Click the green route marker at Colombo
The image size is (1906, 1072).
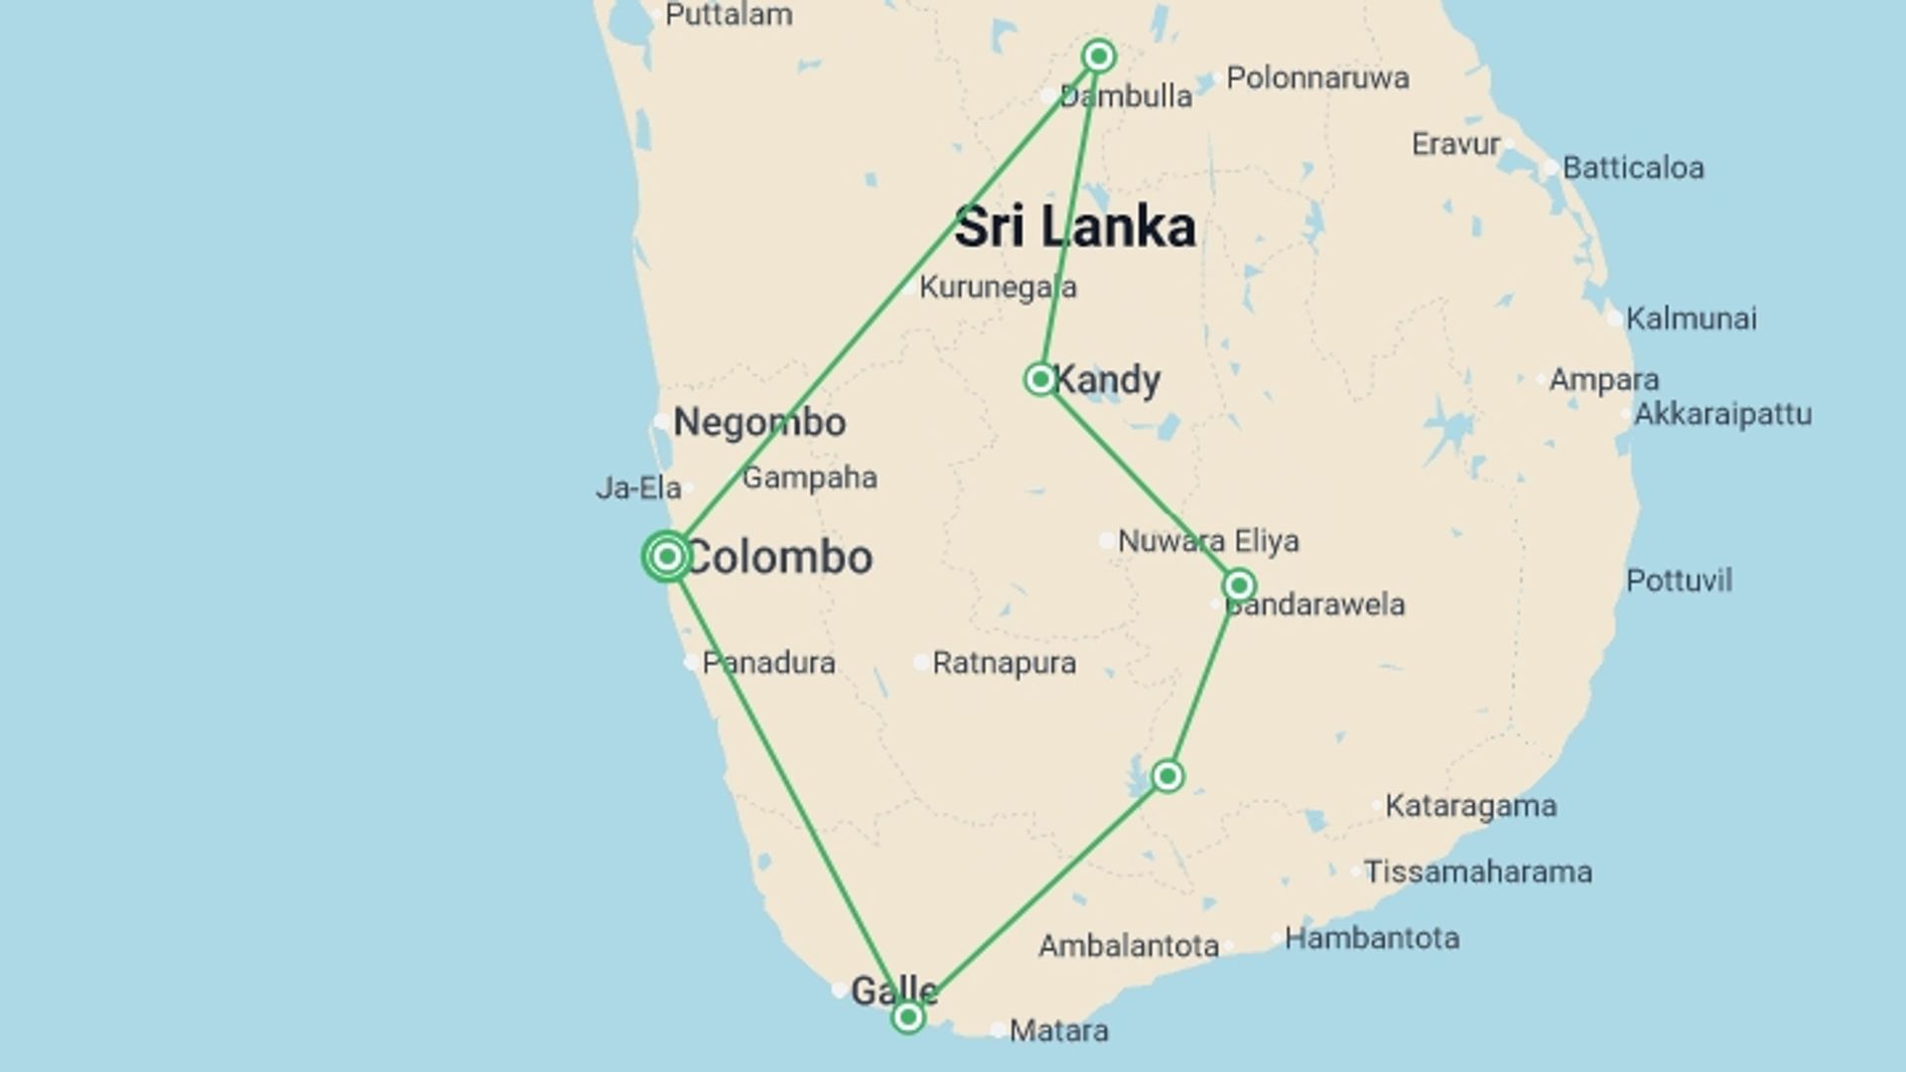coord(667,556)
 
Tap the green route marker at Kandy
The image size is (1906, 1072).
coord(1039,378)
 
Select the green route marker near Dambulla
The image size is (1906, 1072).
coord(1098,57)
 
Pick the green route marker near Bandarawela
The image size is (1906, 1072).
coord(1238,585)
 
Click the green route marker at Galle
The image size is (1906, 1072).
coord(907,1016)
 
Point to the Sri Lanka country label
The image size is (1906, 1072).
coord(1074,227)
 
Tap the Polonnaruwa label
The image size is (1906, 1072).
coord(1317,77)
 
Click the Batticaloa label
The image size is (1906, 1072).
coord(1633,168)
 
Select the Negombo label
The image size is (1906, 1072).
coord(759,423)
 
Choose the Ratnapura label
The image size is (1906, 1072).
coord(1004,663)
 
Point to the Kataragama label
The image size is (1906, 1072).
coord(1470,806)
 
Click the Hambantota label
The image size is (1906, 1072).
coord(1372,938)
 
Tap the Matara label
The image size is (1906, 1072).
coord(1058,1031)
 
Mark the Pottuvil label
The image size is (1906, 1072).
coord(1679,581)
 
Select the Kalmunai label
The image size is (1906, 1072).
coord(1691,319)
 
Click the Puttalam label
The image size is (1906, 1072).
coord(729,15)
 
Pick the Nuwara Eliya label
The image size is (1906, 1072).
coord(1208,541)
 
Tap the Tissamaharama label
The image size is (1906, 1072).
coord(1477,872)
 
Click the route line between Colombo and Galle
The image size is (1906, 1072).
coord(787,786)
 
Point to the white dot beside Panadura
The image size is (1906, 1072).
coord(691,662)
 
